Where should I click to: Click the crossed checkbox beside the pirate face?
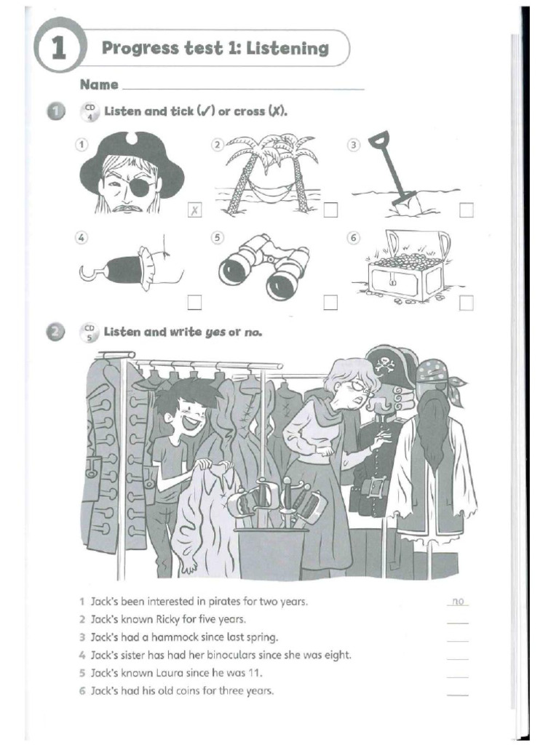[194, 211]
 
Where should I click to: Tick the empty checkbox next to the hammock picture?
[330, 210]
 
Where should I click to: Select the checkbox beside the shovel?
[466, 210]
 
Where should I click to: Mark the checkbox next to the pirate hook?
[194, 302]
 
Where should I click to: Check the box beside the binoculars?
[330, 302]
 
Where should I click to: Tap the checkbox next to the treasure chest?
[466, 302]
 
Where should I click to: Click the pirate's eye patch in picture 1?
[142, 186]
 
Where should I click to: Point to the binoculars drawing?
[263, 267]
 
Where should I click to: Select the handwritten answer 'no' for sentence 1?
[458, 602]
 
